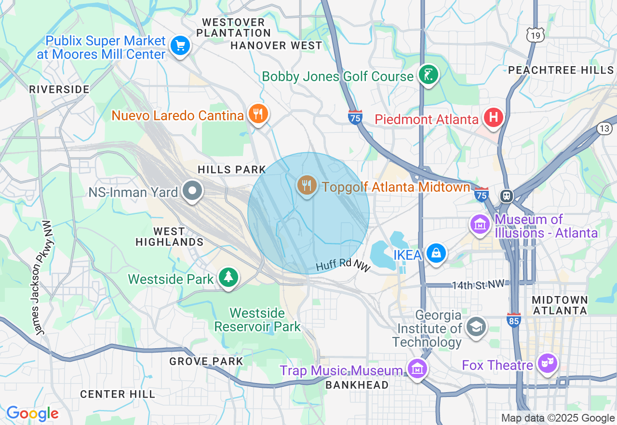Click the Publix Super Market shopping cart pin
pyautogui.click(x=181, y=46)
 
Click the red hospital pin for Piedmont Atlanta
pyautogui.click(x=494, y=117)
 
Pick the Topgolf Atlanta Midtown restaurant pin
pyautogui.click(x=306, y=185)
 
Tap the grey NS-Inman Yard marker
pyautogui.click(x=193, y=191)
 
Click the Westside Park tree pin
pyautogui.click(x=228, y=277)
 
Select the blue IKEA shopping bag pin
pyautogui.click(x=436, y=253)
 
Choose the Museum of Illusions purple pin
pyautogui.click(x=480, y=224)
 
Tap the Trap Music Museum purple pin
pyautogui.click(x=417, y=368)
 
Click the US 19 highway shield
pyautogui.click(x=536, y=35)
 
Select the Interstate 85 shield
pyautogui.click(x=514, y=320)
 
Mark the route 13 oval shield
pyautogui.click(x=604, y=128)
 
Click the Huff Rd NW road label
pyautogui.click(x=342, y=265)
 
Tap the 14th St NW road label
pyautogui.click(x=480, y=284)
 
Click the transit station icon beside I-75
pyautogui.click(x=507, y=196)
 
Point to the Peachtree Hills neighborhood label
pyautogui.click(x=561, y=71)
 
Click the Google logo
pyautogui.click(x=32, y=413)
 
